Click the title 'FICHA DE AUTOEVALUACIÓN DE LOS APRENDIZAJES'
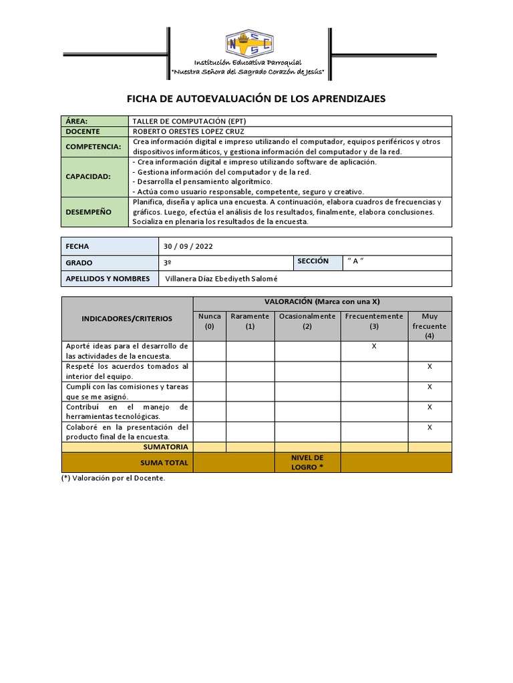click(x=256, y=99)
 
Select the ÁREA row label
click(x=77, y=121)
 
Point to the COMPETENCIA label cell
click(x=94, y=147)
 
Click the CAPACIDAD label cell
click(x=88, y=177)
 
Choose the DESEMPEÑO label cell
click(x=89, y=211)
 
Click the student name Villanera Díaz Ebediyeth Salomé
click(x=220, y=279)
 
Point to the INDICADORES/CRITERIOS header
click(x=127, y=319)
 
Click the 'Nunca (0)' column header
click(x=210, y=321)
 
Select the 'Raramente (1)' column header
click(x=250, y=321)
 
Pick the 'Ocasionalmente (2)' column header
click(x=307, y=321)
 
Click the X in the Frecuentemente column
click(x=374, y=347)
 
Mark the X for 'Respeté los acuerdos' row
click(x=430, y=367)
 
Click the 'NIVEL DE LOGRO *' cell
click(x=307, y=462)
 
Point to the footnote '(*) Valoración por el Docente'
click(x=112, y=478)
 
